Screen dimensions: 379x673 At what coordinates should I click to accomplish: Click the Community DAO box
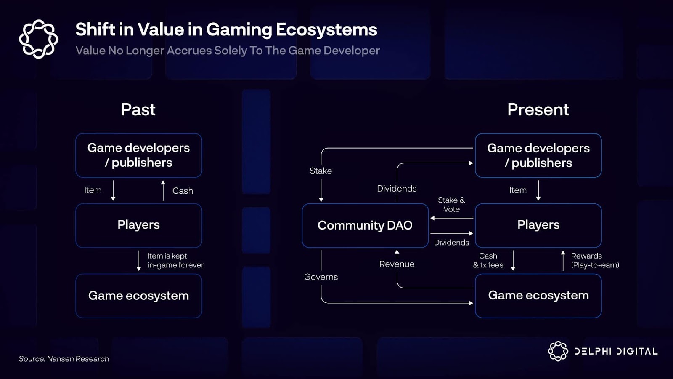pyautogui.click(x=365, y=225)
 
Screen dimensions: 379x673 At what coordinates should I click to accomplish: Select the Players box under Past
pyautogui.click(x=138, y=225)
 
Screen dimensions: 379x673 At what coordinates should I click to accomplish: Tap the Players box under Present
pyautogui.click(x=538, y=225)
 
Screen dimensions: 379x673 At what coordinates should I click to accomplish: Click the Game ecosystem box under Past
pyautogui.click(x=138, y=296)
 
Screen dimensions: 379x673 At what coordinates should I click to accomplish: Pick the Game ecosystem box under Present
pyautogui.click(x=538, y=296)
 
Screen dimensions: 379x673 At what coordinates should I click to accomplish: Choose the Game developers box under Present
pyautogui.click(x=538, y=155)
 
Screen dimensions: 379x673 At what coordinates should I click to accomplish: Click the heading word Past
pyautogui.click(x=138, y=109)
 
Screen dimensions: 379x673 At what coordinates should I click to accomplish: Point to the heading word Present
pyautogui.click(x=538, y=109)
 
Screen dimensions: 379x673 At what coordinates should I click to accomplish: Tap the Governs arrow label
pyautogui.click(x=321, y=277)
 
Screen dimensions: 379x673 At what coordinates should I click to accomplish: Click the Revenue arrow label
pyautogui.click(x=397, y=264)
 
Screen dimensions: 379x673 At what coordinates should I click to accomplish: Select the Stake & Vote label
pyautogui.click(x=451, y=205)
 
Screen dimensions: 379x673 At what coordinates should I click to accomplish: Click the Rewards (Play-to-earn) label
pyautogui.click(x=595, y=260)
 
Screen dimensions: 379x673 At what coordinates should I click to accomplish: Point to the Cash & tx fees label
pyautogui.click(x=488, y=260)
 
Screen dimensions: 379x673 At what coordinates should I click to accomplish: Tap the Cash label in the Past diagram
pyautogui.click(x=183, y=191)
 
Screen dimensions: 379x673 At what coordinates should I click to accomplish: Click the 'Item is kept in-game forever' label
pyautogui.click(x=175, y=260)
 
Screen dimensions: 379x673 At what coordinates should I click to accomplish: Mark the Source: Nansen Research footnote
pyautogui.click(x=64, y=359)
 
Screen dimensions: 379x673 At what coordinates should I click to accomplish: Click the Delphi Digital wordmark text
pyautogui.click(x=616, y=352)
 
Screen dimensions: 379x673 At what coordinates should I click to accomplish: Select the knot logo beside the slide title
pyautogui.click(x=39, y=39)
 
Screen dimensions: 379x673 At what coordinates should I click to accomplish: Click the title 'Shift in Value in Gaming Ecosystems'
pyautogui.click(x=226, y=29)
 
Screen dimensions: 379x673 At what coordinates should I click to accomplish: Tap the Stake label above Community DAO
pyautogui.click(x=321, y=171)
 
